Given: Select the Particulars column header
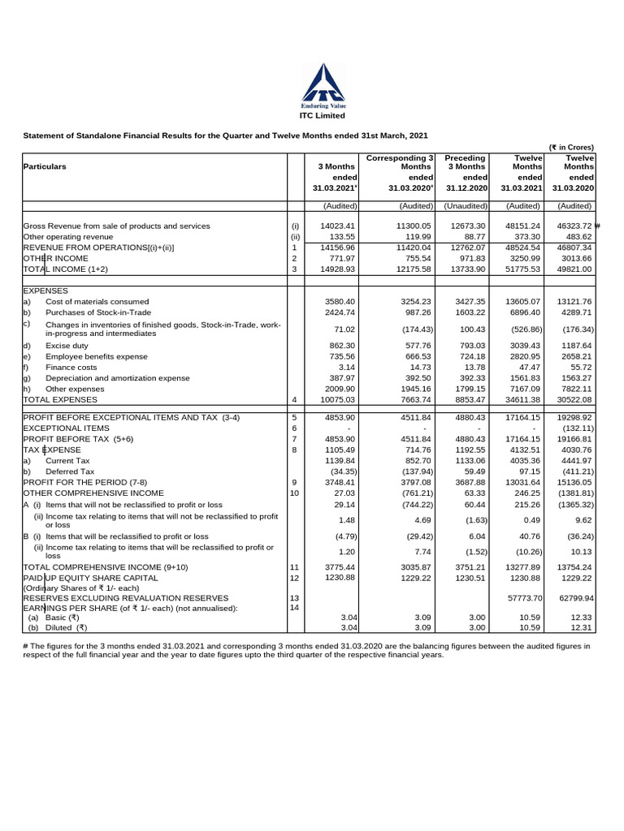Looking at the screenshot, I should (x=45, y=166).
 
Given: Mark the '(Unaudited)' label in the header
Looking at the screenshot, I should (x=465, y=206).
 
